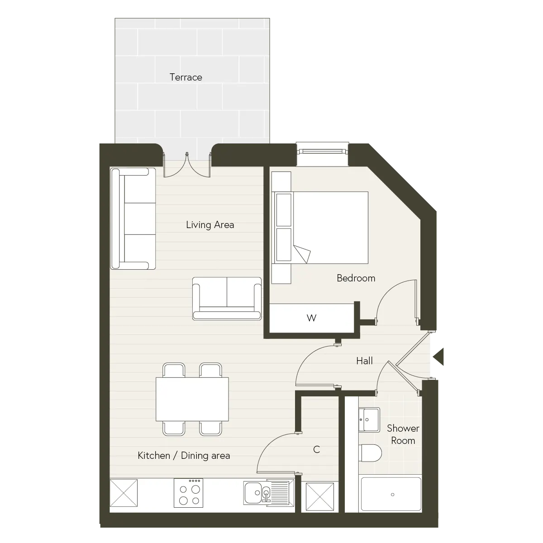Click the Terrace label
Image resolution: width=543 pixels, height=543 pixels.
click(186, 77)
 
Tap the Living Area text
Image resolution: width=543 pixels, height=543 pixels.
click(210, 225)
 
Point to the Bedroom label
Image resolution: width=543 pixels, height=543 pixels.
click(356, 278)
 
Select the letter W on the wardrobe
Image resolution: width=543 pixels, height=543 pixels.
click(311, 318)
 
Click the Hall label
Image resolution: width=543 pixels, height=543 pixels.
click(364, 361)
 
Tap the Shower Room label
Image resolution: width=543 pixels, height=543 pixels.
click(403, 434)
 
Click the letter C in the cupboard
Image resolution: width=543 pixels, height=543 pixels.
click(316, 449)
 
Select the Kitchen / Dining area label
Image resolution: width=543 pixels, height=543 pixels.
click(184, 456)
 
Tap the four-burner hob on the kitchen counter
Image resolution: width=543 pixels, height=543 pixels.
click(188, 493)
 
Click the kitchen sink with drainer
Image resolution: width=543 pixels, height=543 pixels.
click(268, 493)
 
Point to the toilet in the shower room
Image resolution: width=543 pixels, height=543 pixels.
click(370, 453)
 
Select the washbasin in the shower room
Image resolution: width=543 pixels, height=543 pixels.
click(369, 420)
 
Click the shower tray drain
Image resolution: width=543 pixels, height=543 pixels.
click(392, 495)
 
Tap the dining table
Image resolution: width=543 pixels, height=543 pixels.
click(192, 399)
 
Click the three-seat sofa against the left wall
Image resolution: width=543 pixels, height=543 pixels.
click(133, 219)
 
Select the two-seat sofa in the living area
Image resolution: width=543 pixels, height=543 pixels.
click(227, 299)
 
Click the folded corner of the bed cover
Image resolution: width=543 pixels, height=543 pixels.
click(302, 253)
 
